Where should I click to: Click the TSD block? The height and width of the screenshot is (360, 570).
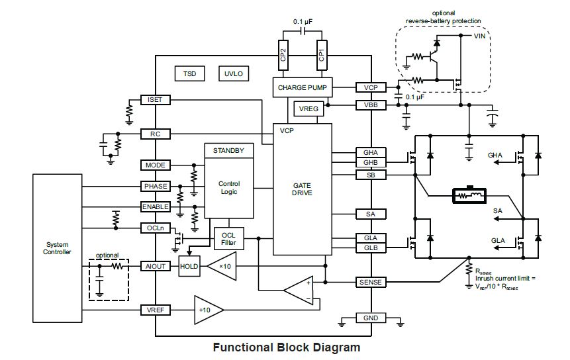[189, 74]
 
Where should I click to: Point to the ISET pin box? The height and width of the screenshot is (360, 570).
[156, 100]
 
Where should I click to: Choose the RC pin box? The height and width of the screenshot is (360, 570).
[156, 134]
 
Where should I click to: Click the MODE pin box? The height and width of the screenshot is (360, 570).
[156, 165]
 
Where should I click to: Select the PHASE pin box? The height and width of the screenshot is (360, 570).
[156, 186]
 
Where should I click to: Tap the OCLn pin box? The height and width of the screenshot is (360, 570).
[156, 228]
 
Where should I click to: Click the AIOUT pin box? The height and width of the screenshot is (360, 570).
[156, 266]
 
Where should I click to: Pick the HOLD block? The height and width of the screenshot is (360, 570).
[189, 266]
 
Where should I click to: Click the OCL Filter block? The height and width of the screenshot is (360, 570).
[228, 238]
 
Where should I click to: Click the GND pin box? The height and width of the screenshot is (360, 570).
[371, 318]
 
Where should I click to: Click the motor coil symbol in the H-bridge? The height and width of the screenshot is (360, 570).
[469, 195]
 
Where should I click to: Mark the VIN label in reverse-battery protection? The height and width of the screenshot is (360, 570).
[480, 36]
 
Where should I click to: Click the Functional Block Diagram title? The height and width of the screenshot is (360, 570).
[286, 347]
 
